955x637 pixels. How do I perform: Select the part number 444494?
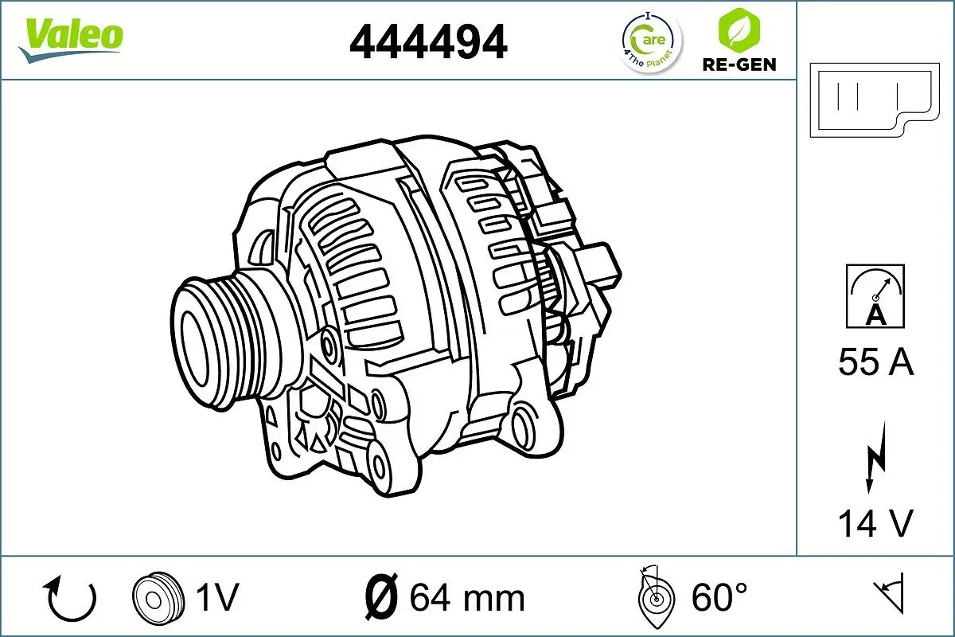pos(428,41)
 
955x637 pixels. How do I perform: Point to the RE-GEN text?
pos(739,64)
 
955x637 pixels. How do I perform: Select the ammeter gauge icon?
pos(875,296)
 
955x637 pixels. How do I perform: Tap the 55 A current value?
pos(875,363)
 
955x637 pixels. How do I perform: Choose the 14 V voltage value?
pos(875,524)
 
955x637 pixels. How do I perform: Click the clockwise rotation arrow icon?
pos(72,597)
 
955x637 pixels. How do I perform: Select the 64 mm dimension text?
pos(466,597)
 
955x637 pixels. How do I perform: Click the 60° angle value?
pos(719,597)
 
